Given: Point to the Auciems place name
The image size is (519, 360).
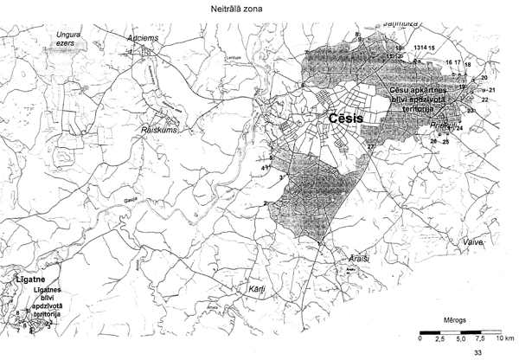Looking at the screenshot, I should coord(143,41).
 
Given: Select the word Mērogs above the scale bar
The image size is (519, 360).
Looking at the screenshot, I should coord(455,318).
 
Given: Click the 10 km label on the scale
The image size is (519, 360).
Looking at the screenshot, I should coord(504,338).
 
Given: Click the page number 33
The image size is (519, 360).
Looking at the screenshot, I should coord(478,353).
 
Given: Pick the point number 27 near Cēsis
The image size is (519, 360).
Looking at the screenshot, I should coord(370,147).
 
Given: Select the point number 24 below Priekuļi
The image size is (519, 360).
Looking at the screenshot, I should coord(460,129).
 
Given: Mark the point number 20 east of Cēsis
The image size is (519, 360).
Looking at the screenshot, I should coord(484,78).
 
